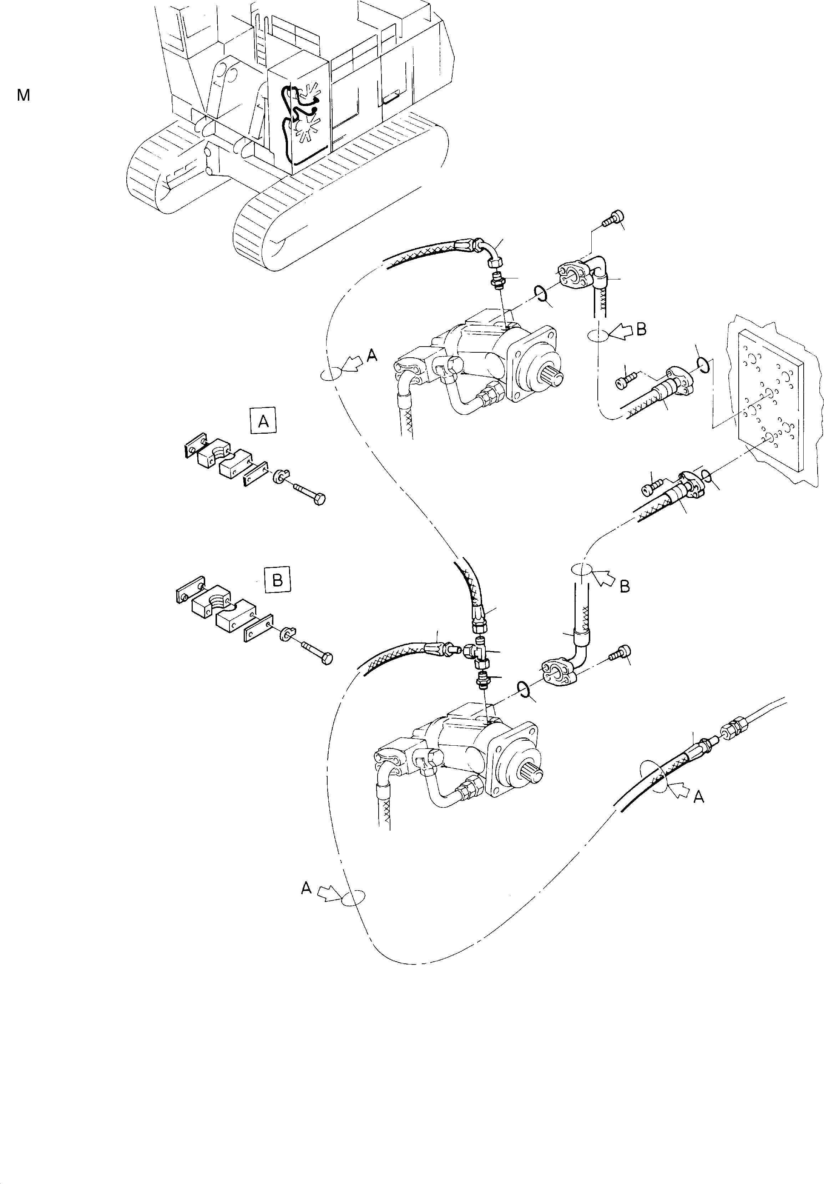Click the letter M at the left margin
point(23,95)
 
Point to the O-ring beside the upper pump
point(540,293)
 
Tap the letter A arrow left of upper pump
point(371,355)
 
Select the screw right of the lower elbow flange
point(618,653)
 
